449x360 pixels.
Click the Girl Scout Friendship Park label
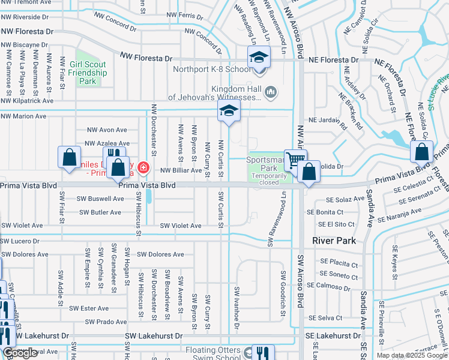tap(88, 73)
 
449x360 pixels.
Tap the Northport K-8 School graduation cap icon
tap(258, 58)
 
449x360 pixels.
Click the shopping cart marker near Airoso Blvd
tap(295, 160)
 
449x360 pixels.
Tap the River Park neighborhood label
tap(334, 241)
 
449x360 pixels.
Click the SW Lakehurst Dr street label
tap(152, 337)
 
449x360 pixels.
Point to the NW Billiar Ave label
tap(180, 170)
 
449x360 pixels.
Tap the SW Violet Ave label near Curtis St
tap(180, 226)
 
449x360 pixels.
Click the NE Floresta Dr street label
tap(333, 60)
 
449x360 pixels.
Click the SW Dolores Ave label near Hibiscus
tap(160, 254)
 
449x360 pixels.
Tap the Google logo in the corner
tap(20, 353)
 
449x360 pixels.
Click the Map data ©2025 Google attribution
tap(412, 355)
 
